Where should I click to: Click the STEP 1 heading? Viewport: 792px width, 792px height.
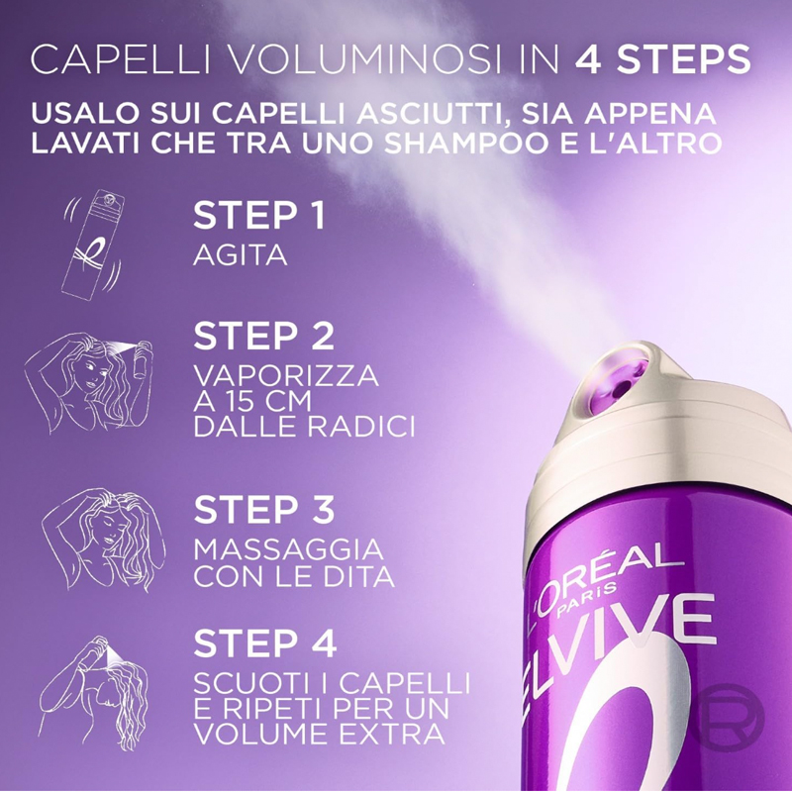[258, 217]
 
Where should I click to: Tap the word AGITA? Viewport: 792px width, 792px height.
[241, 255]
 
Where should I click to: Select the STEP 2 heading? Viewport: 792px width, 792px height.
[263, 337]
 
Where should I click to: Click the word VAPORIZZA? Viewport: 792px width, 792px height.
[286, 377]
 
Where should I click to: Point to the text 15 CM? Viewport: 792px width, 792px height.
[267, 402]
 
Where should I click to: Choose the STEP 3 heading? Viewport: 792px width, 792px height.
[263, 510]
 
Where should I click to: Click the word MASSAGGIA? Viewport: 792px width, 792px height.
[289, 549]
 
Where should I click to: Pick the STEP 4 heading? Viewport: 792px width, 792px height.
[264, 643]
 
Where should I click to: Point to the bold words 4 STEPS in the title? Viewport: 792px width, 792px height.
[660, 58]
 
